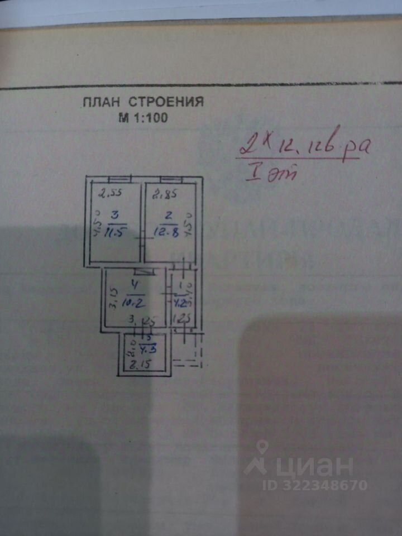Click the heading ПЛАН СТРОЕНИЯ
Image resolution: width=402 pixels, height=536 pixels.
pyautogui.click(x=143, y=102)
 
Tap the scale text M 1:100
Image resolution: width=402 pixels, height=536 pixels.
pyautogui.click(x=143, y=118)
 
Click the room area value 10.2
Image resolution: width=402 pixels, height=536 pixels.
pyautogui.click(x=135, y=304)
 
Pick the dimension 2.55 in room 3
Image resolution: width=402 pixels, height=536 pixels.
pyautogui.click(x=111, y=195)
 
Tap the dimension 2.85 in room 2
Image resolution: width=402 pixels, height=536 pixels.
pyautogui.click(x=165, y=195)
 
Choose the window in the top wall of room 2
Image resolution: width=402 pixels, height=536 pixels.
pyautogui.click(x=171, y=179)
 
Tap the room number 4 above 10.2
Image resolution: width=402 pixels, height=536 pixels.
pyautogui.click(x=134, y=285)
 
